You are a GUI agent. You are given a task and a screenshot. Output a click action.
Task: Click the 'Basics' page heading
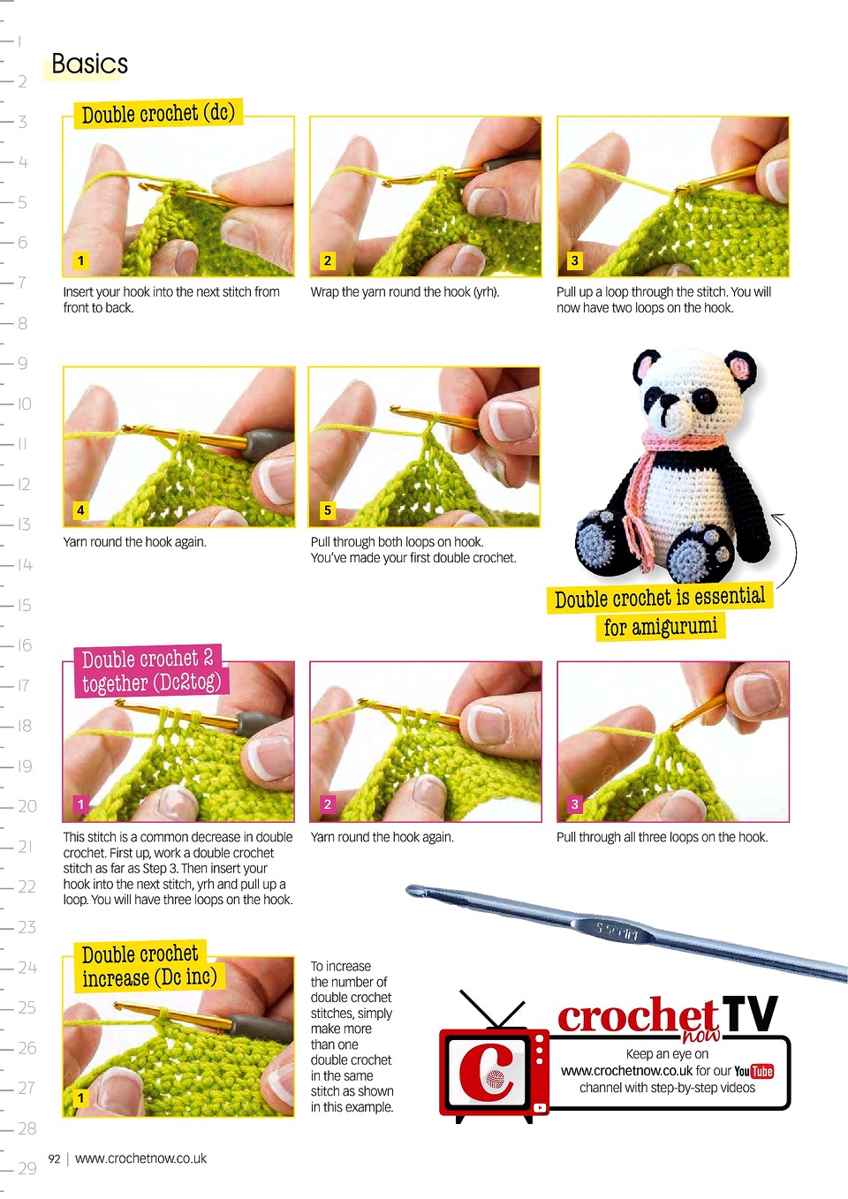pyautogui.click(x=89, y=64)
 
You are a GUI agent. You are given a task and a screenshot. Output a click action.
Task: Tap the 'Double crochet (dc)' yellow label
pyautogui.click(x=158, y=113)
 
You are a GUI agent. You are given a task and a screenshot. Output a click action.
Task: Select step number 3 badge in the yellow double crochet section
pyautogui.click(x=574, y=260)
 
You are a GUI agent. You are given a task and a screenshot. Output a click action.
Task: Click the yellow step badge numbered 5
pyautogui.click(x=327, y=510)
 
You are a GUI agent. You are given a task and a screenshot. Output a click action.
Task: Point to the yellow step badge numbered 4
pyautogui.click(x=80, y=510)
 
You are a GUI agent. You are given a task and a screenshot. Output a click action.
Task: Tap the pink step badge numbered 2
pyautogui.click(x=327, y=803)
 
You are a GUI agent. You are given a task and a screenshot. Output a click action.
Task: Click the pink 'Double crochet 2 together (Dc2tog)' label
pyautogui.click(x=151, y=671)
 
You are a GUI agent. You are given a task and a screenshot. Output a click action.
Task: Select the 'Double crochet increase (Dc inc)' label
pyautogui.click(x=148, y=966)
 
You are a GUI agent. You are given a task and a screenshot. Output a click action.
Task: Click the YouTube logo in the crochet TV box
pyautogui.click(x=753, y=1071)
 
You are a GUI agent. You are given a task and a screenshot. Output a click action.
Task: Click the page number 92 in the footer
pyautogui.click(x=54, y=1159)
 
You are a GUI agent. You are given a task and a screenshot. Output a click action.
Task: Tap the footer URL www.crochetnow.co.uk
pyautogui.click(x=140, y=1158)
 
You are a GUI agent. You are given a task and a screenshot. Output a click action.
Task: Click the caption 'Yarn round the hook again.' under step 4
pyautogui.click(x=134, y=542)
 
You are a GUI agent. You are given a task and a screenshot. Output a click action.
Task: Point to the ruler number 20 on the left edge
pyautogui.click(x=27, y=806)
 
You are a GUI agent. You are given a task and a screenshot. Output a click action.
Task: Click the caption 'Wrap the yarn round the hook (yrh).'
pyautogui.click(x=405, y=292)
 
